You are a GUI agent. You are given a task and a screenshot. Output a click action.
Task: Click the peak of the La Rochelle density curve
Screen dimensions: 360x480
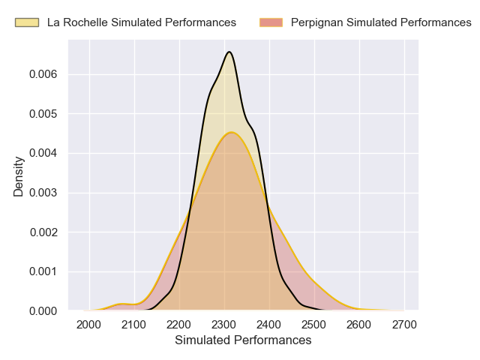tap(229, 52)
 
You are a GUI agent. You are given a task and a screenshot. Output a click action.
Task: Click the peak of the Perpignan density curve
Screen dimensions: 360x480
tap(232, 133)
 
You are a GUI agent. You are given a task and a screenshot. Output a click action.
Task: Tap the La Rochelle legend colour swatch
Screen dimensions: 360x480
tap(28, 22)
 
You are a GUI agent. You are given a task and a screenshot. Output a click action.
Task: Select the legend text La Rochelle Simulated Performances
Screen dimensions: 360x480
tap(142, 22)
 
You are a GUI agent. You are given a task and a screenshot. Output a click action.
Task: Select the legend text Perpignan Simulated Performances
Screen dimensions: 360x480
tap(381, 22)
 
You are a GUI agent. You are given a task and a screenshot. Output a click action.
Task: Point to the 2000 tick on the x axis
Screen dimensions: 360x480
tap(89, 324)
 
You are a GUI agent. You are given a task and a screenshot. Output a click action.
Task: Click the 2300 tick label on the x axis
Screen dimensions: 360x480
tap(224, 324)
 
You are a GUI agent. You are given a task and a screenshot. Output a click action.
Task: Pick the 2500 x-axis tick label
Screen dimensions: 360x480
tap(314, 324)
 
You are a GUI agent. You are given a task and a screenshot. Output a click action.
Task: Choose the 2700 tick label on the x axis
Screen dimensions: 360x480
tap(404, 324)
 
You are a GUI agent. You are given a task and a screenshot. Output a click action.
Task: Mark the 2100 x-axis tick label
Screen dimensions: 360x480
tap(134, 324)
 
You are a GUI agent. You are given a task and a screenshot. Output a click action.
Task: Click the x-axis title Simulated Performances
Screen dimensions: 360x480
tap(243, 340)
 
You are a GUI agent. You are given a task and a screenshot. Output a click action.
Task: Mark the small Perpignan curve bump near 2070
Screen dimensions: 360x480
tap(124, 304)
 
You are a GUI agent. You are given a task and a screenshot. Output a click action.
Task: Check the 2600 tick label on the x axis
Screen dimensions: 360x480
tap(359, 324)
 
